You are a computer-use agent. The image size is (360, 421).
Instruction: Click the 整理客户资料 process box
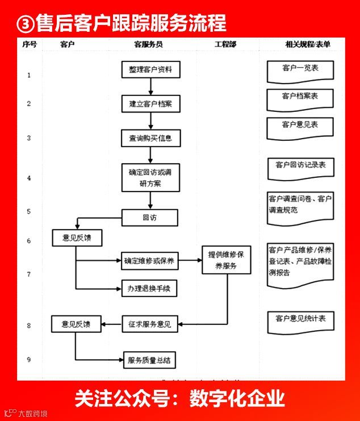click(x=150, y=70)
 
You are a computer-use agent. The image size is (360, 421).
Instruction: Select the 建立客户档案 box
click(x=150, y=103)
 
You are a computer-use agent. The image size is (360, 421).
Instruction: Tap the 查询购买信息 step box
click(x=150, y=137)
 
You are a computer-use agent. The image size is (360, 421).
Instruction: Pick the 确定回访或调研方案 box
click(x=150, y=177)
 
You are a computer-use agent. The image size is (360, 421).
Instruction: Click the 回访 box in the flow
click(x=150, y=218)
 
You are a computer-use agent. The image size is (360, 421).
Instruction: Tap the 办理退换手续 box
click(x=149, y=288)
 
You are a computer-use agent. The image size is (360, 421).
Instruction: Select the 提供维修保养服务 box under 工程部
click(x=227, y=260)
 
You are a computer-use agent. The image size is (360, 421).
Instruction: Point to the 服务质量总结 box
click(x=149, y=359)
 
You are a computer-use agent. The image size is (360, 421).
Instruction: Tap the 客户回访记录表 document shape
click(x=300, y=166)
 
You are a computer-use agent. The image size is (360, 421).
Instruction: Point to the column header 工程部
click(x=225, y=44)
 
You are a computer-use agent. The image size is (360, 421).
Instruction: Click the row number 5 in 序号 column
click(x=29, y=211)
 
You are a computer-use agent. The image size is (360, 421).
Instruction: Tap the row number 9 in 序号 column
click(x=29, y=359)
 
